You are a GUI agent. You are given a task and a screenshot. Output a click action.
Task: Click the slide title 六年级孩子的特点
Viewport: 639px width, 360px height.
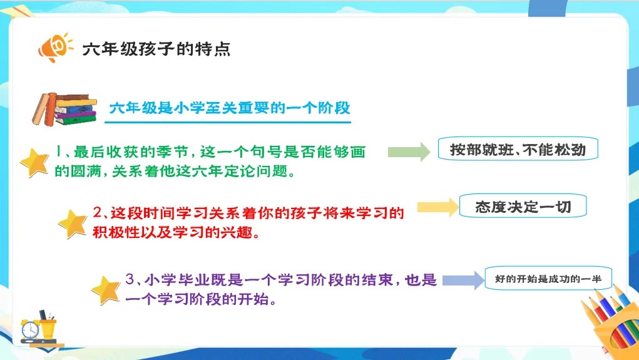[156, 49]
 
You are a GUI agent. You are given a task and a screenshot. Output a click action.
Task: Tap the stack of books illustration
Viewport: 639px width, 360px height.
[65, 109]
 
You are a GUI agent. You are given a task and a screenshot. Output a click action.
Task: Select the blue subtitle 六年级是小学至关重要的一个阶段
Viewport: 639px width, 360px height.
[230, 108]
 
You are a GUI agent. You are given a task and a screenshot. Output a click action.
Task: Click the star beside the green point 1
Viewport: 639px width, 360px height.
[35, 163]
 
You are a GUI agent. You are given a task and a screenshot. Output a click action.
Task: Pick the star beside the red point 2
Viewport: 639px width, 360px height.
[73, 224]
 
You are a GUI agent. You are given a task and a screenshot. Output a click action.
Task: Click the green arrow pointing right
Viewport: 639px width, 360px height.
[409, 152]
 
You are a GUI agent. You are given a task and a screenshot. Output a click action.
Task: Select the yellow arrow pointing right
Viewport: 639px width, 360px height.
[438, 207]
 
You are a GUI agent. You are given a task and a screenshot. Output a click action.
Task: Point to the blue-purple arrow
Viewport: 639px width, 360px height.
[463, 280]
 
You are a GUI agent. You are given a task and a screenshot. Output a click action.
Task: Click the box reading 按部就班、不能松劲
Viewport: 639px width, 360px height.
[518, 149]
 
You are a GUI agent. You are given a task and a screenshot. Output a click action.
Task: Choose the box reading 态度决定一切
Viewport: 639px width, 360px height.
[523, 207]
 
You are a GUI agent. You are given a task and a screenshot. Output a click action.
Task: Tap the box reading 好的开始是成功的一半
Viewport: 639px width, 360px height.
[548, 279]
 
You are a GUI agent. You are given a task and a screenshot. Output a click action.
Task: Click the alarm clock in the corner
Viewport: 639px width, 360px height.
[30, 329]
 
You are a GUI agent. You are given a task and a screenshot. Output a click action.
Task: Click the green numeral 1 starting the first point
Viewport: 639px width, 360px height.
[58, 152]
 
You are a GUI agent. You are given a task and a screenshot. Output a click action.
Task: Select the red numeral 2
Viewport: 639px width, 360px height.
[98, 212]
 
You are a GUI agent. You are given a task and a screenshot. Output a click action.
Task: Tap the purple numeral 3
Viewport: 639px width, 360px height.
[130, 279]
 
